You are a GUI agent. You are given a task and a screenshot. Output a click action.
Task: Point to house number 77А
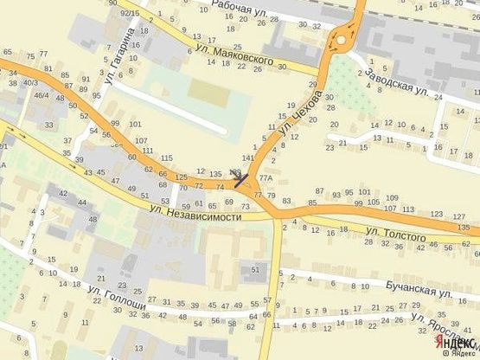[x=265, y=178]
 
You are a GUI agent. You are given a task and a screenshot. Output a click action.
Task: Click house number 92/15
[x=130, y=14]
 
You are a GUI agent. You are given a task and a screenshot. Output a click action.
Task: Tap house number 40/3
[x=30, y=82]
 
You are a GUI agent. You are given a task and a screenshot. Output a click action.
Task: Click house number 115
[x=166, y=157]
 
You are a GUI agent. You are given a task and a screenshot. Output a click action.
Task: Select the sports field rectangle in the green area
[x=205, y=90]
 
